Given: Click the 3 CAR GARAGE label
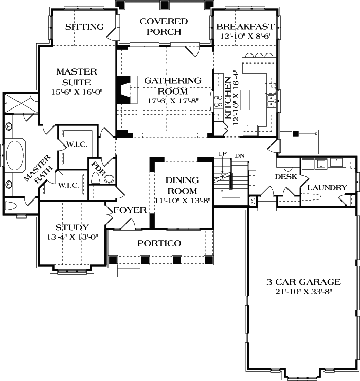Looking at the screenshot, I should (x=303, y=282).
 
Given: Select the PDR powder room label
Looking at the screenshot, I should (x=95, y=169).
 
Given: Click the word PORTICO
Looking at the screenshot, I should (x=159, y=243).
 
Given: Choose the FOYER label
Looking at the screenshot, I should (x=130, y=210).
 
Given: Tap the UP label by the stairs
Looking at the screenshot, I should (x=222, y=154).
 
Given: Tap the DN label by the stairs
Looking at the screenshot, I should (x=239, y=155).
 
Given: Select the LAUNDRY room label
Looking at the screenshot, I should (x=326, y=187).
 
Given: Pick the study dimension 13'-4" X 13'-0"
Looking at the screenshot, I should (x=73, y=237).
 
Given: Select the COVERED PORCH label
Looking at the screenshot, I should (x=164, y=27).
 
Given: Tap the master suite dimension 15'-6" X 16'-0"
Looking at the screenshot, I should (x=74, y=93).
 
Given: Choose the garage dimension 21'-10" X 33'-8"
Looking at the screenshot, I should (x=303, y=292).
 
